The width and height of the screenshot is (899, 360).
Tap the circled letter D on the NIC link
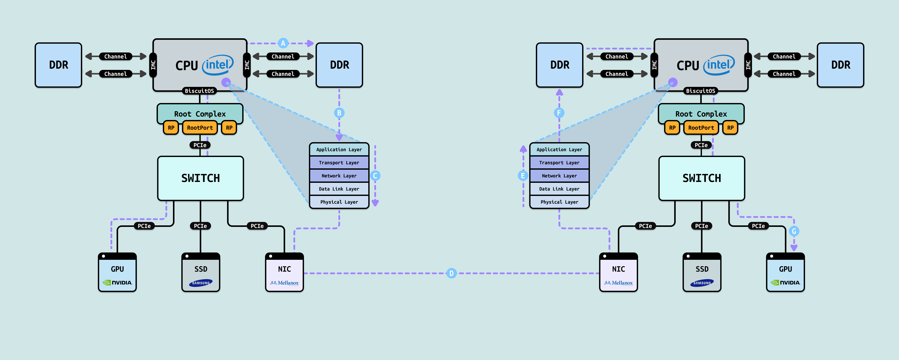pos(451,273)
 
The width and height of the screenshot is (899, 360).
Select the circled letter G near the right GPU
pos(794,231)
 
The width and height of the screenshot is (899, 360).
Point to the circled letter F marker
pos(559,113)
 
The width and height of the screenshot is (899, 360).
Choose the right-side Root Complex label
pos(701,114)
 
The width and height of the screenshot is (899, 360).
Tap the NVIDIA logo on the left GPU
pos(117,283)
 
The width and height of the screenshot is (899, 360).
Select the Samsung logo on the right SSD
pos(702,283)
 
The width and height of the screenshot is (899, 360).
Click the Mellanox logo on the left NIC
pos(284,283)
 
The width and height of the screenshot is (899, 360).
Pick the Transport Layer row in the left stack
pos(339,163)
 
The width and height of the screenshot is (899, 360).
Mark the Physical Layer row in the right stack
pos(559,202)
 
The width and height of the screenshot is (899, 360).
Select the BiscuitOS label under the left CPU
pos(199,91)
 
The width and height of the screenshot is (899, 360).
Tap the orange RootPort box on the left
pos(200,128)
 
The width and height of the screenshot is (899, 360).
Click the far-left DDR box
pos(59,65)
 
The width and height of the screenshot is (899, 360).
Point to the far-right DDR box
pos(840,65)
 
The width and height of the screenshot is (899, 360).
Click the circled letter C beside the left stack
pos(375,175)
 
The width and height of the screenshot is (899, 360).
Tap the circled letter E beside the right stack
pos(523,175)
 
